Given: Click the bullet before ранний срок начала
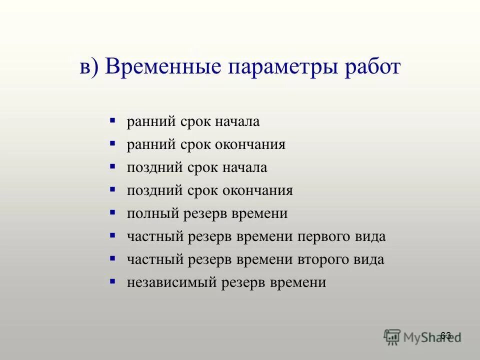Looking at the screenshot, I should (112, 121).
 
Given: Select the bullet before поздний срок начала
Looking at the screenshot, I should (112, 167).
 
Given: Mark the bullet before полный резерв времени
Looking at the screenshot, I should (112, 213).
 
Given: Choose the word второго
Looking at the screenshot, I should (322, 260).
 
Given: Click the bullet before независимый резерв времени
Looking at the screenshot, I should (112, 282).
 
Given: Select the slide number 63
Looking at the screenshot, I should (446, 335).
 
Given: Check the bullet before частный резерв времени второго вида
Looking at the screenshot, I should (112, 259).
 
